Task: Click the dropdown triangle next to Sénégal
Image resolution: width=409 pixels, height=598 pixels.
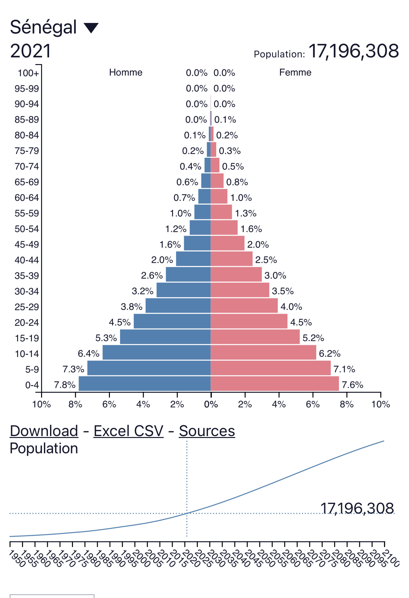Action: [x=91, y=28]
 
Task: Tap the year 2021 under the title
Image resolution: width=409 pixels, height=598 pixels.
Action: [x=31, y=51]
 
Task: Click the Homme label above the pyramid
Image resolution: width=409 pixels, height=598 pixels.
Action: [x=126, y=72]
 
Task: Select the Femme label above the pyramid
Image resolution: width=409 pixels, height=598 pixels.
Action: [x=295, y=72]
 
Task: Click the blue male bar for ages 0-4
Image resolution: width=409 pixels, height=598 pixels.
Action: [x=144, y=383]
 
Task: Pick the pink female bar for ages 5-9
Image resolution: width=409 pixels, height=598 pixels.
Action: [x=270, y=368]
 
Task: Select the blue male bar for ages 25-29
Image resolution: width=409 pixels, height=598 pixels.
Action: [x=178, y=305]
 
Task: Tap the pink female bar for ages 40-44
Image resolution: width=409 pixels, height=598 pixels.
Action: [x=231, y=259]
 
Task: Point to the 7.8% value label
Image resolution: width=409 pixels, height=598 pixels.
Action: [x=65, y=385]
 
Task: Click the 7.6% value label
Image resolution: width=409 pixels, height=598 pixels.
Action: [x=352, y=385]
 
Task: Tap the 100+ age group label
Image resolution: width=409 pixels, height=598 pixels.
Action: [x=28, y=73]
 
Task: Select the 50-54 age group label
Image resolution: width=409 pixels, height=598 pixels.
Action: [x=27, y=229]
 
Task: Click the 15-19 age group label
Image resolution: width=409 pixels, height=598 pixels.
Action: [x=27, y=338]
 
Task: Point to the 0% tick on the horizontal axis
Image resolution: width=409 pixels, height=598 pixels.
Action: [x=211, y=404]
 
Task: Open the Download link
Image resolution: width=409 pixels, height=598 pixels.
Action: [x=44, y=431]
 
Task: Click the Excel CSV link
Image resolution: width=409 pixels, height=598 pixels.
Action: [x=128, y=431]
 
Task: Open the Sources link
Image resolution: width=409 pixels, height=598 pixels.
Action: [x=207, y=431]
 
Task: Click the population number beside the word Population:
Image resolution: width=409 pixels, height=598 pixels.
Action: [x=354, y=51]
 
